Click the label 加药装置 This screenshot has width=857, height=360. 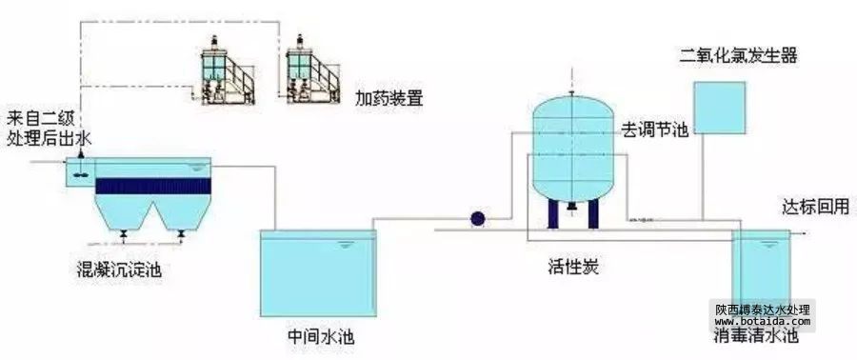pyautogui.click(x=389, y=99)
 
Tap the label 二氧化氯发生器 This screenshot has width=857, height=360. pyautogui.click(x=738, y=55)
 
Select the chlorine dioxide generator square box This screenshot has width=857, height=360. pyautogui.click(x=719, y=108)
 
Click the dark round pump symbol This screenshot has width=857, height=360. pyautogui.click(x=478, y=219)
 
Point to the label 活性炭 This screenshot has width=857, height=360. pyautogui.click(x=573, y=268)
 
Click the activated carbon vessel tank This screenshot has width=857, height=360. pyautogui.click(x=572, y=148)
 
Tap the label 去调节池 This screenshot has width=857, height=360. pyautogui.click(x=654, y=130)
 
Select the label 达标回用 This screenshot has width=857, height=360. pyautogui.click(x=816, y=207)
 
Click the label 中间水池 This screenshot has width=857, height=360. pyautogui.click(x=320, y=335)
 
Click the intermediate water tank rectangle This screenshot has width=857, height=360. pyautogui.click(x=318, y=273)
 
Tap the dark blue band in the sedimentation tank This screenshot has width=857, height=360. pyautogui.click(x=153, y=186)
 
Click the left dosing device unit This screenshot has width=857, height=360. pyautogui.click(x=227, y=71)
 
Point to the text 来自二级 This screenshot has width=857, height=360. pyautogui.click(x=40, y=119)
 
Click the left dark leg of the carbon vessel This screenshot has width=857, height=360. pyautogui.click(x=552, y=213)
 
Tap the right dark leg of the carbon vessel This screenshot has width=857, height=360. pyautogui.click(x=593, y=213)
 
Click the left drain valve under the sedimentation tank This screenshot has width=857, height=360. pyautogui.click(x=124, y=233)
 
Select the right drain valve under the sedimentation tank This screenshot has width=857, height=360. pyautogui.click(x=181, y=233)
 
